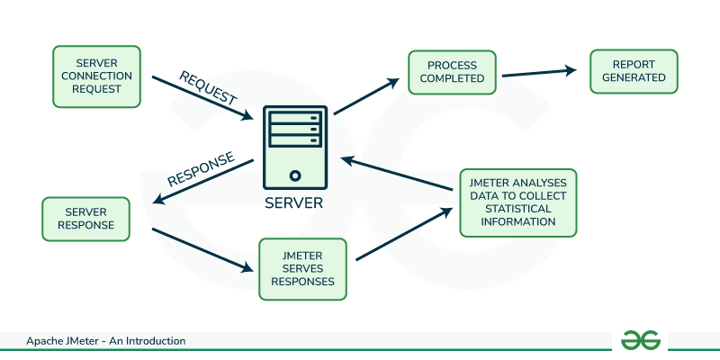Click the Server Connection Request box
(97, 77)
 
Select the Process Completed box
(455, 73)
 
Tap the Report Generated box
(634, 71)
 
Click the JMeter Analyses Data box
(518, 202)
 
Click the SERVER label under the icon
(293, 202)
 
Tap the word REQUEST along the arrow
(208, 86)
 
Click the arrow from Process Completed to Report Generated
(538, 72)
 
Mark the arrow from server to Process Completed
(365, 96)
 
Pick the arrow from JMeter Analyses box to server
(396, 175)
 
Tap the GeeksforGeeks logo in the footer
(641, 339)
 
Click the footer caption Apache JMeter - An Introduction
(105, 341)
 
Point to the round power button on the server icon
(293, 175)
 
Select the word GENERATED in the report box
(634, 78)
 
